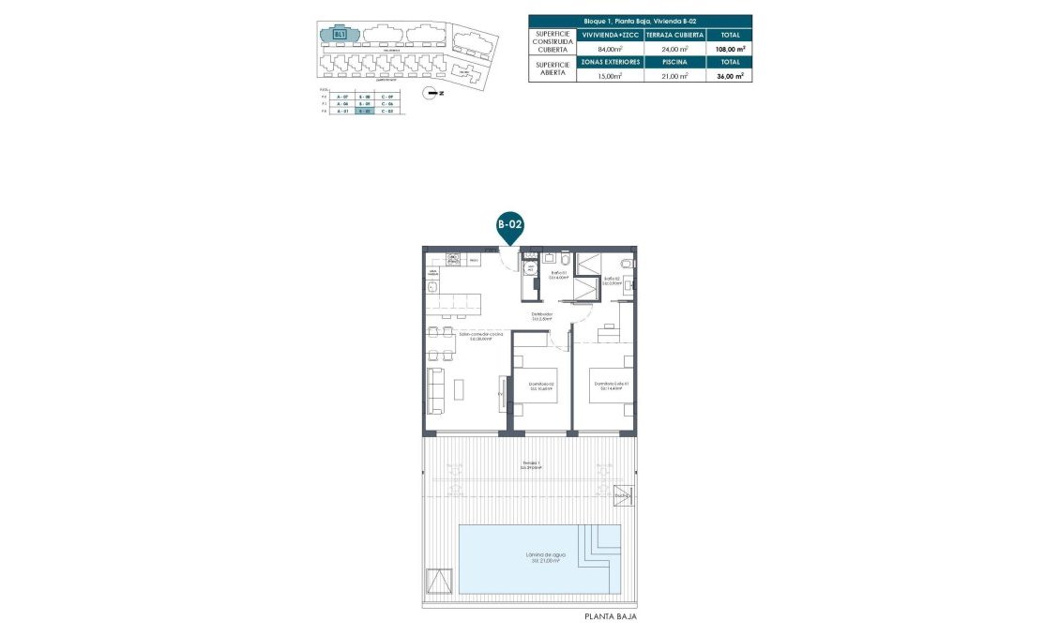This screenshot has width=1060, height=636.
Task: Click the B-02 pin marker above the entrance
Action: [x=509, y=226]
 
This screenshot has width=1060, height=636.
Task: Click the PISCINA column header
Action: [x=674, y=62]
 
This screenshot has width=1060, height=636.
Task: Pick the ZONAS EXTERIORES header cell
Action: [x=611, y=62]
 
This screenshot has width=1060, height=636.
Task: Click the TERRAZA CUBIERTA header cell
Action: [x=674, y=35]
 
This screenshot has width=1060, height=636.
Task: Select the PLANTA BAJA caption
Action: [x=611, y=616]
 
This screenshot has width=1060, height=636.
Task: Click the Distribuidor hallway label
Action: [x=542, y=317]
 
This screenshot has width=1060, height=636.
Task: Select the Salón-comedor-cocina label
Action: [x=481, y=337]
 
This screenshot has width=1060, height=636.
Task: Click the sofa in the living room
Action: [x=434, y=389]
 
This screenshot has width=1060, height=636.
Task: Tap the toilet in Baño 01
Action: [x=566, y=258]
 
